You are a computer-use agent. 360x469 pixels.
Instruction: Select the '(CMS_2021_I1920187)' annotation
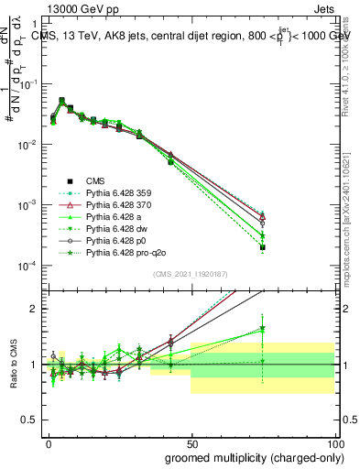[192, 272]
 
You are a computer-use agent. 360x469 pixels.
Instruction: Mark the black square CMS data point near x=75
[262, 247]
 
